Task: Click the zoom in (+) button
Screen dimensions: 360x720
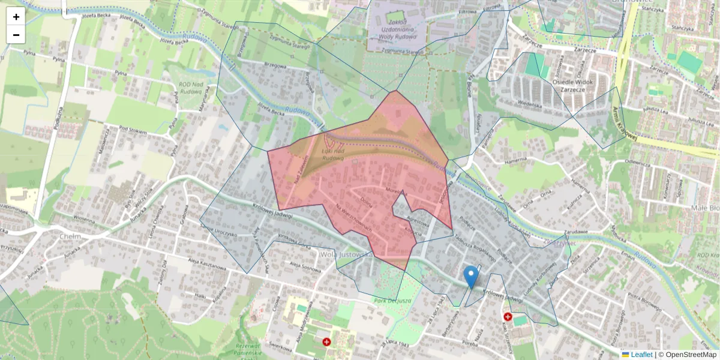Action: point(16,17)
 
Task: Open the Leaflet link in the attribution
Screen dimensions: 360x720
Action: point(641,355)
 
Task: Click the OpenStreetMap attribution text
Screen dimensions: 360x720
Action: point(691,355)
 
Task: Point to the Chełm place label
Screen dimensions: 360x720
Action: point(71,236)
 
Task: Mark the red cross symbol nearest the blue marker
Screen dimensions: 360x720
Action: point(508,317)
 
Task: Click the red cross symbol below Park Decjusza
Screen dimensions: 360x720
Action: point(326,342)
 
